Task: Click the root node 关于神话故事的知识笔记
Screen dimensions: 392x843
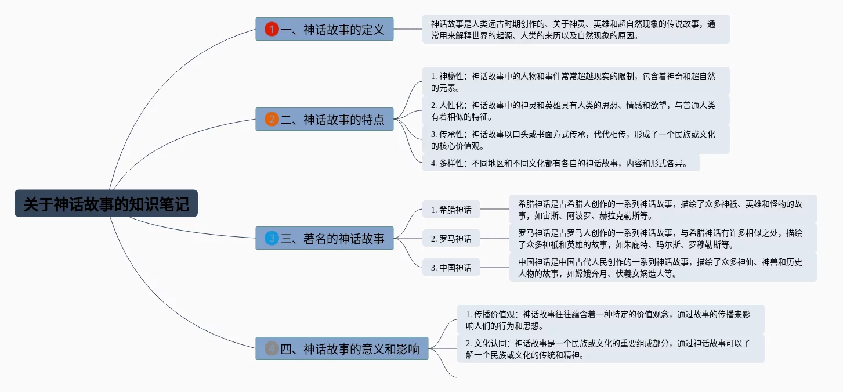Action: (106, 204)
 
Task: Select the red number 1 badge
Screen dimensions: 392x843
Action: (272, 29)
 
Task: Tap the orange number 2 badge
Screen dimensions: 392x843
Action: (272, 120)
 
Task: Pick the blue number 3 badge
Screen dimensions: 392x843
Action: (272, 238)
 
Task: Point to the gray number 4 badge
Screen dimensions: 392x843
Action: (272, 348)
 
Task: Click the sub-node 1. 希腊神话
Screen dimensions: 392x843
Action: (451, 209)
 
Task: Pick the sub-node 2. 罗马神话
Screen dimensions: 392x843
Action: (451, 238)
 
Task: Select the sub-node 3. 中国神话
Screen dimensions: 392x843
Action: (451, 267)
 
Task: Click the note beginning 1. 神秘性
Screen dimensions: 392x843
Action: (576, 81)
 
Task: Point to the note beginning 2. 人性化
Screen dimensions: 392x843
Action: (576, 110)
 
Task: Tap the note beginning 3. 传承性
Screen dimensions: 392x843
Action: (576, 139)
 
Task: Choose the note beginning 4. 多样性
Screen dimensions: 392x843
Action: (560, 163)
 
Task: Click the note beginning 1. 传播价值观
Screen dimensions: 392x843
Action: (610, 319)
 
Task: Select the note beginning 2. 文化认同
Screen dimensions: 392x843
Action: (610, 348)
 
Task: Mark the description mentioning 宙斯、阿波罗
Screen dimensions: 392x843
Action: (663, 209)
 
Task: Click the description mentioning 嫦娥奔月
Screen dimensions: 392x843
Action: (663, 267)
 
